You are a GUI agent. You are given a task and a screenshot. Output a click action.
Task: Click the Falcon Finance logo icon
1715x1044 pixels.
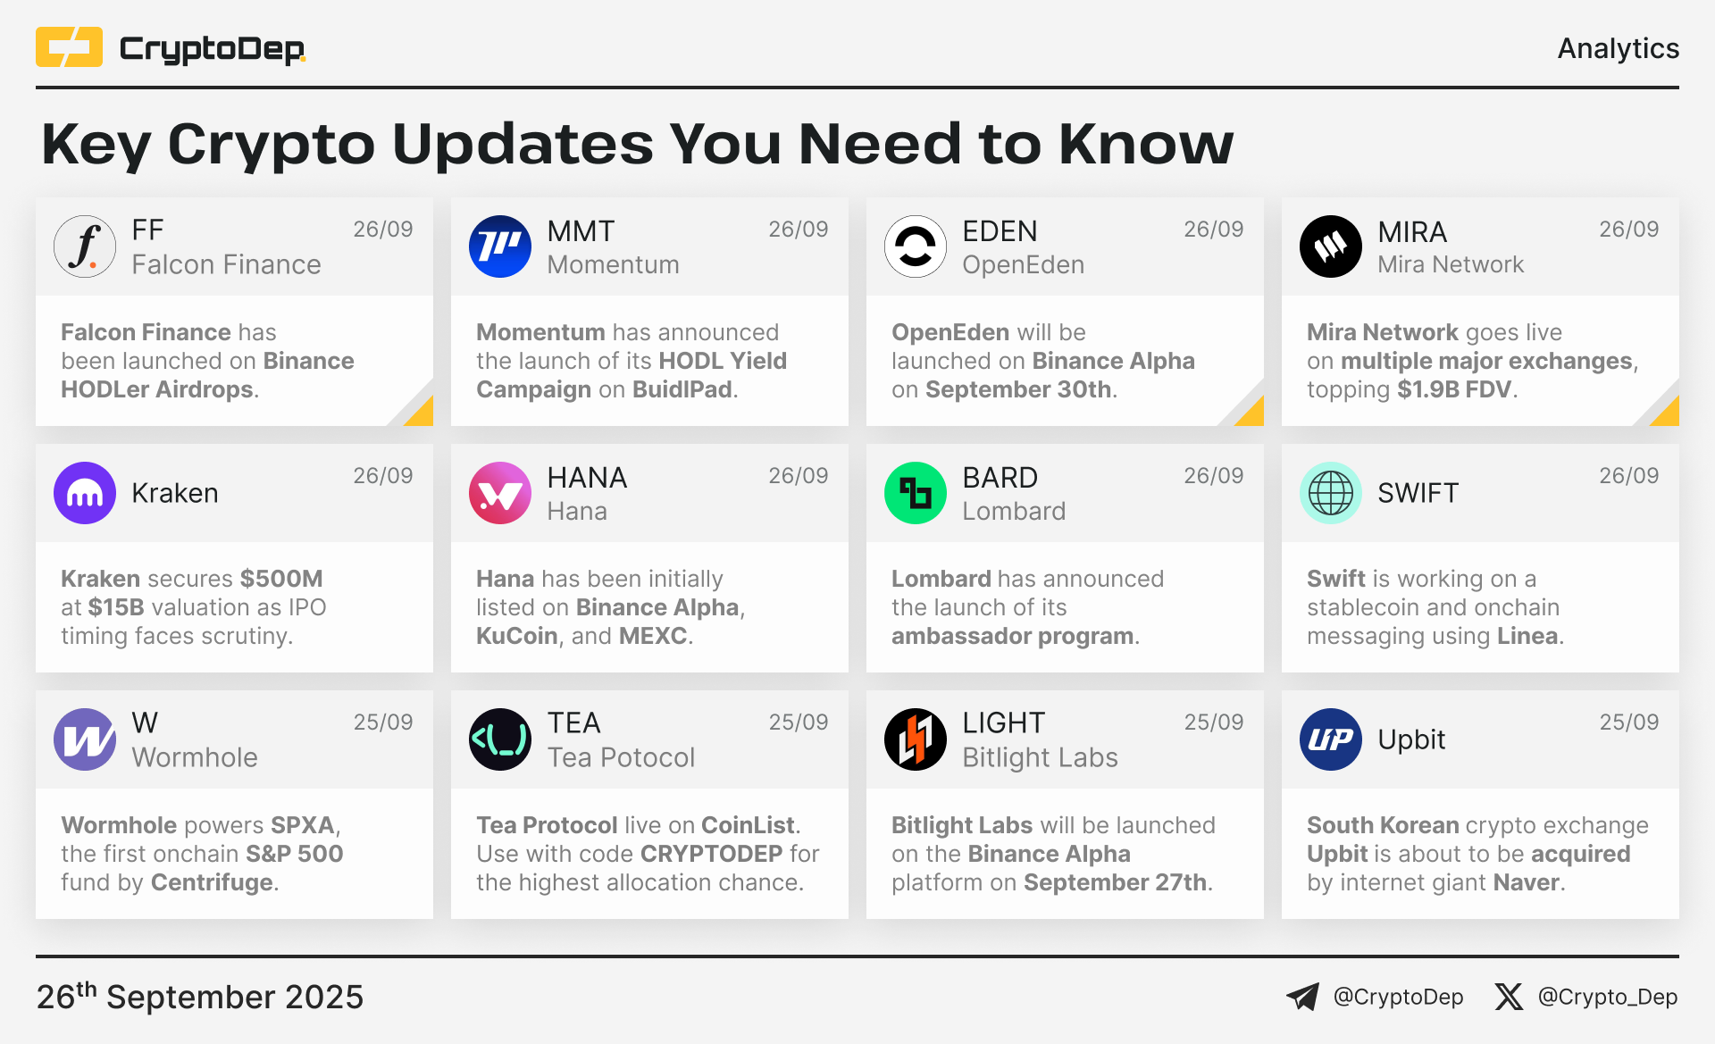pyautogui.click(x=85, y=246)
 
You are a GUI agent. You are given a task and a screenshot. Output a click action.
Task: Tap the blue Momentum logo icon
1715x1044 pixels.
pyautogui.click(x=500, y=246)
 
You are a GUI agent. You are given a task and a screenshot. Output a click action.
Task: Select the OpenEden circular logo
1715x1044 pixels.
pyautogui.click(x=916, y=246)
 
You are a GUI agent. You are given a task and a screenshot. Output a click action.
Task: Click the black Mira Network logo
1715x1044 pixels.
pyautogui.click(x=1331, y=246)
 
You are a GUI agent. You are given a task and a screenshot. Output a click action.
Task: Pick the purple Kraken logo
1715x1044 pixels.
pyautogui.click(x=85, y=493)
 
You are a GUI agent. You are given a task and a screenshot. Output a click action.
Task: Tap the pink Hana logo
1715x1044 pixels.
pyautogui.click(x=500, y=493)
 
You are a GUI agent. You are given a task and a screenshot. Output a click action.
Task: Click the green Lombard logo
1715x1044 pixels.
pyautogui.click(x=916, y=493)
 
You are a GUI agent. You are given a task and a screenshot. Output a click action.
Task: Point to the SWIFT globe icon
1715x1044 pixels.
pyautogui.click(x=1331, y=493)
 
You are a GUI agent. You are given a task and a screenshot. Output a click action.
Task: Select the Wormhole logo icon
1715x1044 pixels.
pyautogui.click(x=85, y=739)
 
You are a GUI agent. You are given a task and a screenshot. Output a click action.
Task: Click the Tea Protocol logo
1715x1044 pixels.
pyautogui.click(x=500, y=739)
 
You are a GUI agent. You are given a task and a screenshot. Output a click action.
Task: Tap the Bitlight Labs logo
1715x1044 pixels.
pyautogui.click(x=916, y=739)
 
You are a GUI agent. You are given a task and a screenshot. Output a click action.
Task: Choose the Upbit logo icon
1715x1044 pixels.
pyautogui.click(x=1331, y=739)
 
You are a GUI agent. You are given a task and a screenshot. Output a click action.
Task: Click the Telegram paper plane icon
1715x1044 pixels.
pyautogui.click(x=1303, y=997)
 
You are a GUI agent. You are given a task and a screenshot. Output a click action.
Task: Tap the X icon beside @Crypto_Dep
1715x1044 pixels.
pyautogui.click(x=1509, y=997)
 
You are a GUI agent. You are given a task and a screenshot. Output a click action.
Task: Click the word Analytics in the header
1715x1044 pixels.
pyautogui.click(x=1619, y=48)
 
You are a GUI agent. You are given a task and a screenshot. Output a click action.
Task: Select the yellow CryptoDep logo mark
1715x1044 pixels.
pyautogui.click(x=69, y=47)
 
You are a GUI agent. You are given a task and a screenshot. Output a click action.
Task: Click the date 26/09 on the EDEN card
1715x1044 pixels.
pyautogui.click(x=1214, y=230)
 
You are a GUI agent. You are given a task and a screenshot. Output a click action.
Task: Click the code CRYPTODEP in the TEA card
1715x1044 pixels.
pyautogui.click(x=712, y=854)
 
